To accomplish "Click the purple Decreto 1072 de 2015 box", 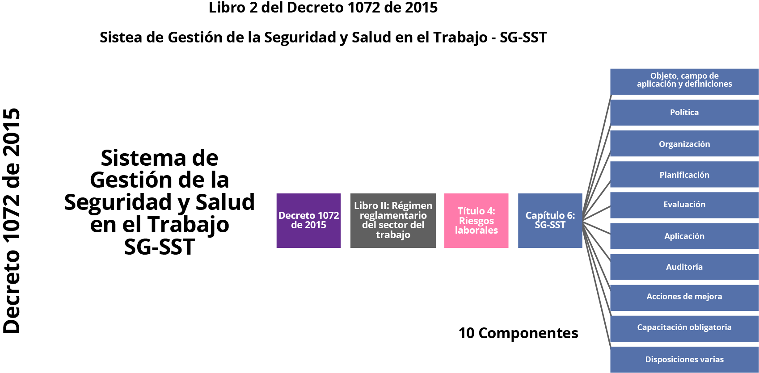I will [308, 220].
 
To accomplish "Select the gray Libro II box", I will [393, 220].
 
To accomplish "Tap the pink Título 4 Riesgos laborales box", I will [476, 220].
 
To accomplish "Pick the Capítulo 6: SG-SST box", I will [550, 220].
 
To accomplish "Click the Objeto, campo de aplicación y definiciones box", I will [684, 80].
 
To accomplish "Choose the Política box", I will [684, 113].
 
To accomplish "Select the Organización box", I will [684, 144].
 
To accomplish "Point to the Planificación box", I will [684, 175].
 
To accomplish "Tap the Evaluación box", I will [684, 205].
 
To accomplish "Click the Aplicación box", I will [684, 236].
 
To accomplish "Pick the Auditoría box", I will [684, 267].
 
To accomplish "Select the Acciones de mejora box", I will [684, 297].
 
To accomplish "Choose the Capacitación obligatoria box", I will [684, 327].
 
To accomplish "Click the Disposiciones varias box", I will [684, 359].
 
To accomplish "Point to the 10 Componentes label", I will [518, 333].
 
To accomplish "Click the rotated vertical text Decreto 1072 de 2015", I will [12, 221].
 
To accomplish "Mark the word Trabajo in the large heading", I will [188, 224].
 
